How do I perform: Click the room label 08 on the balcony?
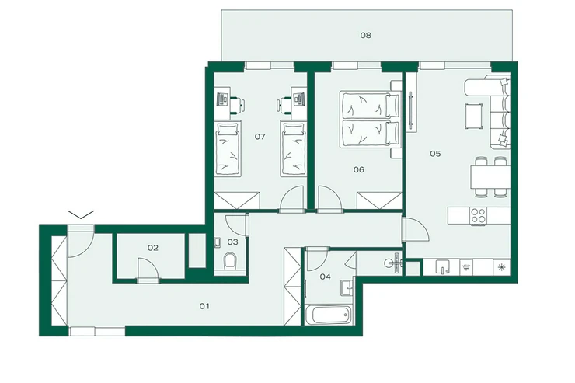(x=366, y=35)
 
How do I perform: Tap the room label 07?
(x=260, y=137)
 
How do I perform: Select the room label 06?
(x=359, y=169)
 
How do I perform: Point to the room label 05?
(x=435, y=154)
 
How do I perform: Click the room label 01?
(x=204, y=306)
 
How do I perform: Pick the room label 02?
(x=153, y=248)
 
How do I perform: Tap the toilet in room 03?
(x=230, y=260)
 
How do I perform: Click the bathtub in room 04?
(x=327, y=315)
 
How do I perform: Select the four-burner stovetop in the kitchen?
(x=478, y=215)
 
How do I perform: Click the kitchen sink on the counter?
(x=442, y=267)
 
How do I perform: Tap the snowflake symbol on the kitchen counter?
(x=501, y=267)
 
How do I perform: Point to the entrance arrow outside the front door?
(x=81, y=214)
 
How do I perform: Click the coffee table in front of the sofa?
(x=473, y=117)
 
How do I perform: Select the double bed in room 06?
(x=370, y=119)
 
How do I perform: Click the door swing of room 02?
(x=148, y=270)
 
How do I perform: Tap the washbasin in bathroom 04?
(x=347, y=287)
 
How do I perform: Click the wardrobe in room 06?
(x=379, y=201)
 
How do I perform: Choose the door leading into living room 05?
(x=416, y=229)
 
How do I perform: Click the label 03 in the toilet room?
(x=232, y=242)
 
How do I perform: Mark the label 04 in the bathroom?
(x=325, y=277)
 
